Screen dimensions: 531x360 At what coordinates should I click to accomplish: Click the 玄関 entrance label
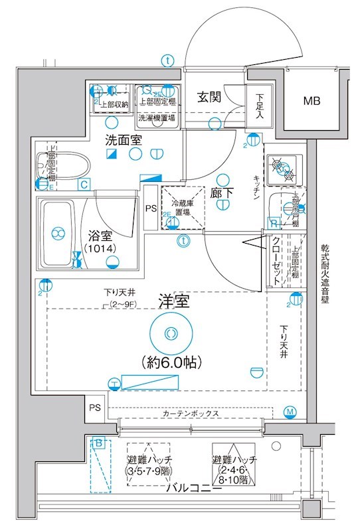(x=209, y=96)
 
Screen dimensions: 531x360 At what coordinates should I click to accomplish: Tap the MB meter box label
(x=312, y=101)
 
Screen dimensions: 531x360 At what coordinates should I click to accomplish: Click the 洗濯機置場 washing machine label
(x=157, y=118)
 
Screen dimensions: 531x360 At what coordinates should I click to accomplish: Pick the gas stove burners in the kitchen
(x=283, y=169)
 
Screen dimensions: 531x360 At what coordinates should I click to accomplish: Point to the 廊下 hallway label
(x=221, y=192)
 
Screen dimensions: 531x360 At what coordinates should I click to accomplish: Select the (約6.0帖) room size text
(x=171, y=362)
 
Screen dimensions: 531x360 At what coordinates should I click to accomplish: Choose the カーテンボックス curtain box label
(x=191, y=413)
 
